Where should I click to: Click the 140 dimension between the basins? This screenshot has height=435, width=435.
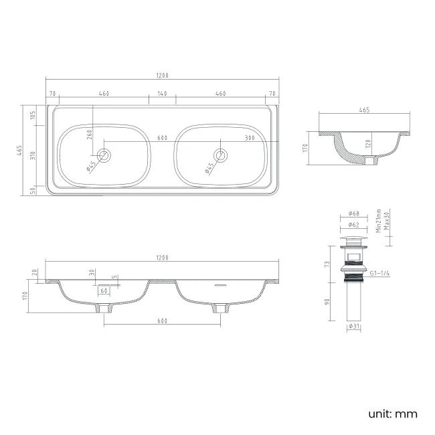(162, 94)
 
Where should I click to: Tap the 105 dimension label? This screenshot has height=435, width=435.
(33, 116)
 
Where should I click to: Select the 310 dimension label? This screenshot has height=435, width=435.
(33, 156)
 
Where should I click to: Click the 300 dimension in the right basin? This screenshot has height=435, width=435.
(249, 138)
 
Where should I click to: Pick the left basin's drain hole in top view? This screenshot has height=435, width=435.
(104, 156)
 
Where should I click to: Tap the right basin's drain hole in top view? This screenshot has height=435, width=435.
(221, 156)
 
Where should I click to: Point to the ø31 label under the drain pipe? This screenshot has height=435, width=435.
(354, 327)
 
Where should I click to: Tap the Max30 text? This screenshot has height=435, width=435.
(387, 220)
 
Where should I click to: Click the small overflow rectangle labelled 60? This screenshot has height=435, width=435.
(104, 291)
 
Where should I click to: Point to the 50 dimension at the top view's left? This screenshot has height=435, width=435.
(33, 189)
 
